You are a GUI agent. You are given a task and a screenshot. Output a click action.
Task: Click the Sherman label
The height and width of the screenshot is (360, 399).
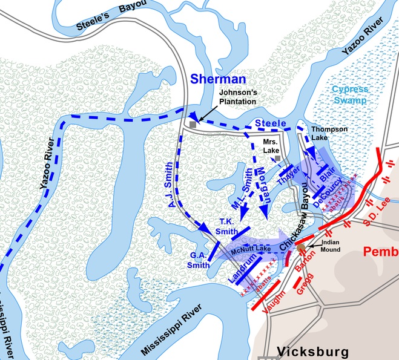[218, 79]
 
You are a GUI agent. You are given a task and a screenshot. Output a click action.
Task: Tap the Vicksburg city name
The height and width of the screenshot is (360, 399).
[312, 352]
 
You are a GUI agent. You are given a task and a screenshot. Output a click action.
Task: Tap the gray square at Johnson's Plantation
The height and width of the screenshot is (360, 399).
[193, 124]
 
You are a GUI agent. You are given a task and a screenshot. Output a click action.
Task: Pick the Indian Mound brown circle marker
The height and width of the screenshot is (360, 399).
[302, 247]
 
